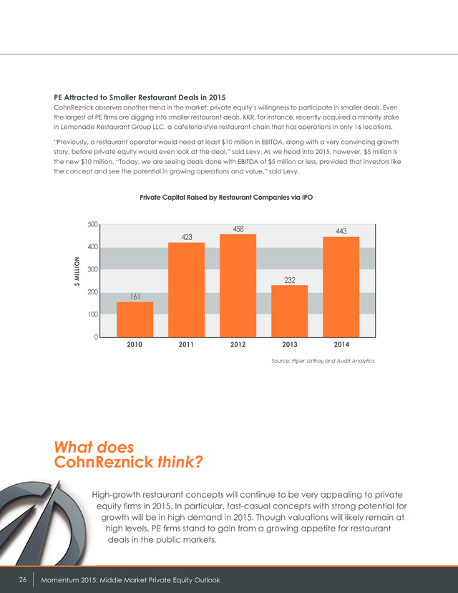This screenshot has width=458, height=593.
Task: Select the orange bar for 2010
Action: pyautogui.click(x=135, y=319)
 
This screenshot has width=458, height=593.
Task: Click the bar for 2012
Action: pyautogui.click(x=238, y=286)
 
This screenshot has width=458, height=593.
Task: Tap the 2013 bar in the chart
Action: pyautogui.click(x=289, y=312)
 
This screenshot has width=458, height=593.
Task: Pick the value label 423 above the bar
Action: pyautogui.click(x=187, y=237)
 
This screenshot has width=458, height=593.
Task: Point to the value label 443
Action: pyautogui.click(x=341, y=231)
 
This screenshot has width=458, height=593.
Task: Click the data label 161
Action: pyautogui.click(x=135, y=297)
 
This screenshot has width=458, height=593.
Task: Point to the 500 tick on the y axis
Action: pyautogui.click(x=93, y=225)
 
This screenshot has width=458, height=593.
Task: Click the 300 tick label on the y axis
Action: pyautogui.click(x=93, y=270)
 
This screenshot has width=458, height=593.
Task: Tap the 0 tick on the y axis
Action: pyautogui.click(x=96, y=337)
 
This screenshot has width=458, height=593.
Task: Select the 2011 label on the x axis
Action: pyautogui.click(x=186, y=344)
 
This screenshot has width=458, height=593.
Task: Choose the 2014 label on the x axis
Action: pyautogui.click(x=341, y=344)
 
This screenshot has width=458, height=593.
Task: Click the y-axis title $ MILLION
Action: pyautogui.click(x=77, y=271)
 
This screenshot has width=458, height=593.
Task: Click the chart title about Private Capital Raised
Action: pyautogui.click(x=226, y=198)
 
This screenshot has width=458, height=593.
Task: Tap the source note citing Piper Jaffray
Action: pyautogui.click(x=323, y=361)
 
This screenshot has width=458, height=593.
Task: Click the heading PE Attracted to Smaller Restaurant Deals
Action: pyautogui.click(x=140, y=97)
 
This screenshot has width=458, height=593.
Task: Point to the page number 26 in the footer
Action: pyautogui.click(x=23, y=580)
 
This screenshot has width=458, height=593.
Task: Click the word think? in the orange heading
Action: pyautogui.click(x=180, y=462)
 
